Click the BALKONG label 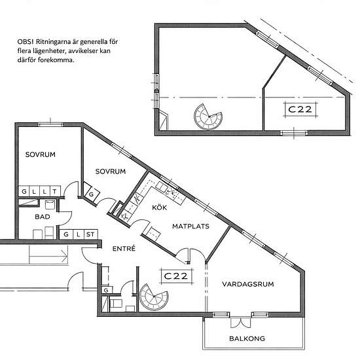click(x=247, y=338)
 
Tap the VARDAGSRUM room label click(x=248, y=284)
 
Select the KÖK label click(x=159, y=207)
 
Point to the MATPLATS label click(x=190, y=226)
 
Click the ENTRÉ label click(x=124, y=248)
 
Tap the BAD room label click(x=43, y=217)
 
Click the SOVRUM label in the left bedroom click(x=41, y=154)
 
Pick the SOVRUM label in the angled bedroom click(x=111, y=171)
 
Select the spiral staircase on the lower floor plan click(x=154, y=297)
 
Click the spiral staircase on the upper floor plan click(x=208, y=117)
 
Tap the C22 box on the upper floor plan click(x=300, y=109)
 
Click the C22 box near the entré click(x=176, y=276)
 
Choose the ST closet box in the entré click(x=90, y=234)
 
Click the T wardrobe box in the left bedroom click(x=54, y=191)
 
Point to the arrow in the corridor click(x=48, y=255)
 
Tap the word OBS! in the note click(x=26, y=42)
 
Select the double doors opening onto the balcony click(x=240, y=322)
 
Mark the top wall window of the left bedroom click(x=50, y=124)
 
